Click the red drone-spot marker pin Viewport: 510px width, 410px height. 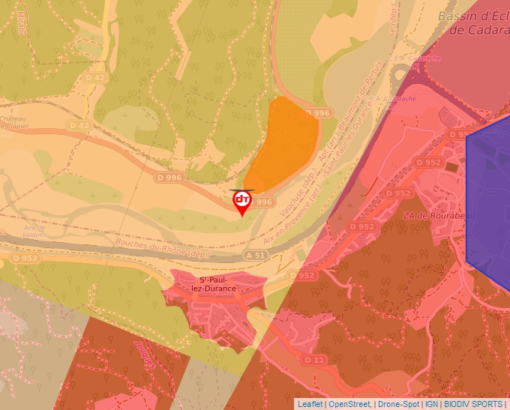pos(241,202)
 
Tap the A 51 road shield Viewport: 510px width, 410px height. pos(255,256)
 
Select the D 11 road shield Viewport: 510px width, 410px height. pos(315,361)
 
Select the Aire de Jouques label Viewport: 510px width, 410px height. pos(34,230)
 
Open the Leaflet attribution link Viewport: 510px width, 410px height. pos(310,404)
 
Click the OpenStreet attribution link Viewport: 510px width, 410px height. pos(349,404)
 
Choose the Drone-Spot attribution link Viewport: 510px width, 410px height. pos(398,404)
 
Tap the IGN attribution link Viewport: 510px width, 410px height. pos(431,404)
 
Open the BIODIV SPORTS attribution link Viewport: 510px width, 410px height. pos(473,404)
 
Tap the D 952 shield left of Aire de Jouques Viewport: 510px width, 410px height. pos(23,257)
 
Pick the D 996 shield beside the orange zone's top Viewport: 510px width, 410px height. pos(317,113)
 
